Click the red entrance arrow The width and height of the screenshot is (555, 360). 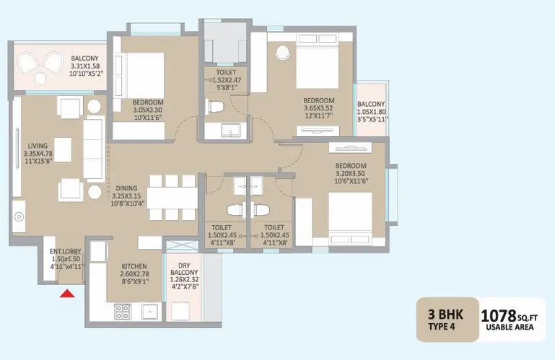[x=67, y=294]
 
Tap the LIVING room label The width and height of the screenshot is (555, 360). [x=38, y=146]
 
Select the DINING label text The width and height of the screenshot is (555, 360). [x=126, y=188]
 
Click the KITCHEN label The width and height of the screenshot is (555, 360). [x=134, y=266]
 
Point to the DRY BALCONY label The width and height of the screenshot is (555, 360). [x=184, y=268]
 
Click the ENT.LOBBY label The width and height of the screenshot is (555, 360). [x=66, y=251]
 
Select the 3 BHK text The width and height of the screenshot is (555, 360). [x=445, y=314]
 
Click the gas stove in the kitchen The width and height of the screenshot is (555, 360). [x=123, y=312]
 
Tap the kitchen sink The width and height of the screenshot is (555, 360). [x=150, y=312]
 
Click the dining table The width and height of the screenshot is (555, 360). [x=172, y=198]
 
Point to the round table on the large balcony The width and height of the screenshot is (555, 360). [x=40, y=78]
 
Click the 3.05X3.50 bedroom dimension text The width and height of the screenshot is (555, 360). [x=148, y=110]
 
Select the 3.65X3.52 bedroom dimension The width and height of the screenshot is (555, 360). [x=318, y=108]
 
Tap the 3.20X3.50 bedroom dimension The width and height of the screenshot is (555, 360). [x=350, y=173]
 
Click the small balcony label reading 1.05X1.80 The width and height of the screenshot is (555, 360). [x=371, y=112]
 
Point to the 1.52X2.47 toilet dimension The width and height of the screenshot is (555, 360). [x=227, y=80]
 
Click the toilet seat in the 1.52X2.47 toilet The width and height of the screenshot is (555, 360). [x=215, y=106]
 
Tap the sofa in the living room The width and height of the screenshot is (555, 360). [x=93, y=149]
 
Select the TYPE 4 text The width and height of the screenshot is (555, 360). [x=442, y=326]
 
